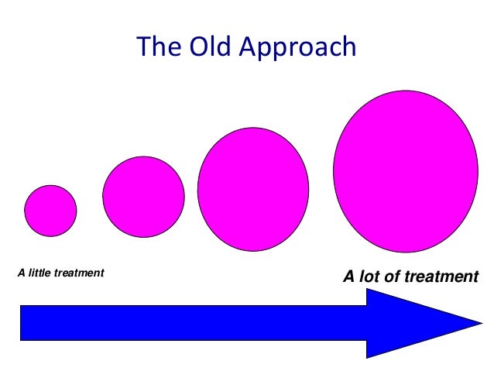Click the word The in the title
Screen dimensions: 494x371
point(156,48)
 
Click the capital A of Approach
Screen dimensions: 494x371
point(247,48)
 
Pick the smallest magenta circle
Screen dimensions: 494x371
point(50,210)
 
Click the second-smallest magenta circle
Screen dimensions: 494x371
point(143,196)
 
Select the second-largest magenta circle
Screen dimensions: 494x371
point(252,189)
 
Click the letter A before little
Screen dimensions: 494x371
point(21,273)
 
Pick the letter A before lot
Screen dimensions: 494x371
point(348,277)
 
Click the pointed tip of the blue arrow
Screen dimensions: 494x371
point(481,322)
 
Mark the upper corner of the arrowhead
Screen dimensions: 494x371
point(367,290)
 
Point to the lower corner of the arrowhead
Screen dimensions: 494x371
point(367,356)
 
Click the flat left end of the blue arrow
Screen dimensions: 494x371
point(21,323)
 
